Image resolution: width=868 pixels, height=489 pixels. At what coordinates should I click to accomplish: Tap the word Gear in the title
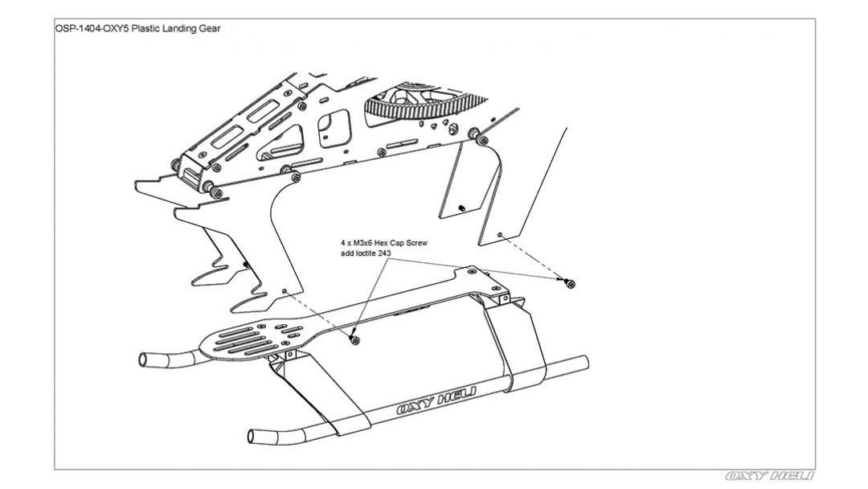click(x=208, y=28)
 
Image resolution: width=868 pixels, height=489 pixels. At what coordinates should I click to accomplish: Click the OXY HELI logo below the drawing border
click(x=770, y=476)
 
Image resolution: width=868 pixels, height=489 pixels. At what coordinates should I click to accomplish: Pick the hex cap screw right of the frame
click(x=570, y=282)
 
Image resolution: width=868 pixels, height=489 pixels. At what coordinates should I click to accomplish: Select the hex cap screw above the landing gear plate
click(x=354, y=340)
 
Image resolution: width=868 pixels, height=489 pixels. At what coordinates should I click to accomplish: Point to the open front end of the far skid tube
click(x=145, y=359)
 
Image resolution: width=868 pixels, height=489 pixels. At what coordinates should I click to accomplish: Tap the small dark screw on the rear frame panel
click(x=461, y=208)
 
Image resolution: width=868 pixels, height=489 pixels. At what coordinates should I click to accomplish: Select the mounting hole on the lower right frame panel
click(x=500, y=235)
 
